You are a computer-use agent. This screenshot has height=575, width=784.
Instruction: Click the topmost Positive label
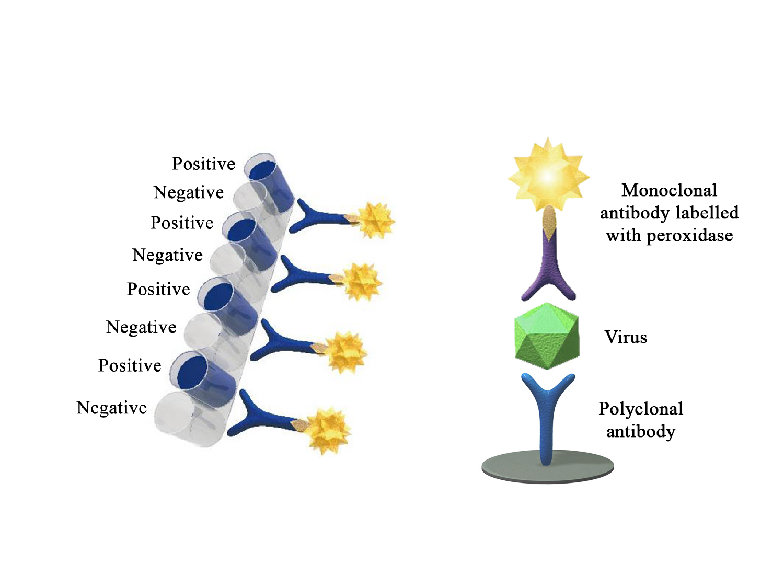click(203, 164)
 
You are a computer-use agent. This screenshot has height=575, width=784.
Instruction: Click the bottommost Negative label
click(112, 408)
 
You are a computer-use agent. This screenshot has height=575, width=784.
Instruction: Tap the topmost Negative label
click(188, 192)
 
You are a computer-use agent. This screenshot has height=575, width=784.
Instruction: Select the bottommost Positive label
click(130, 365)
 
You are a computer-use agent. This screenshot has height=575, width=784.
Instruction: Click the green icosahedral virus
click(547, 336)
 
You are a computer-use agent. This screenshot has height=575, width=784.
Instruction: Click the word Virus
click(626, 337)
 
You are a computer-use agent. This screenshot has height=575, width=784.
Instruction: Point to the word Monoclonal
click(669, 190)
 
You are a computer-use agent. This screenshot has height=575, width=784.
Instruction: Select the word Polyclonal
click(640, 408)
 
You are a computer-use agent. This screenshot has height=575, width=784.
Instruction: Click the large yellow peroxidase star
click(548, 175)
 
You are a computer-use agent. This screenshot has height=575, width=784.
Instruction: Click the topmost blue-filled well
click(269, 182)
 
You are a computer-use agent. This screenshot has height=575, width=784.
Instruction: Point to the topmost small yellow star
click(376, 221)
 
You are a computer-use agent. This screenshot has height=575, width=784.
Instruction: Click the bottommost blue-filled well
click(202, 379)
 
